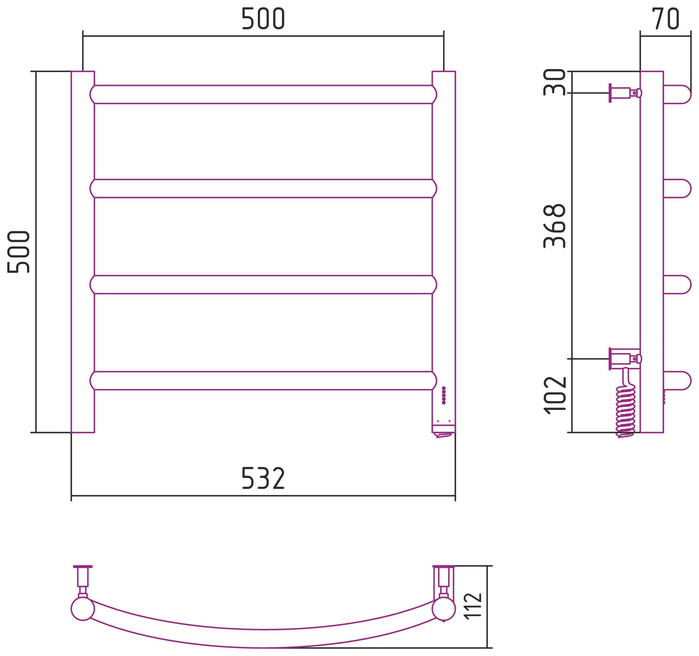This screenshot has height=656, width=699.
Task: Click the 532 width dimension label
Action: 263,478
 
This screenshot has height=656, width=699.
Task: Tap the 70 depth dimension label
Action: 666,19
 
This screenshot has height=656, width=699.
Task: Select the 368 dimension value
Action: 554,226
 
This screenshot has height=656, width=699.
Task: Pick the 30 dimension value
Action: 554,82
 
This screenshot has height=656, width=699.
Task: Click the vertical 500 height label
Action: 18,252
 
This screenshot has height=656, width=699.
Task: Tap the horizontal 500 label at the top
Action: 263,19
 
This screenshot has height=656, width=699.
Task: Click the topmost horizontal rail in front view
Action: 263,95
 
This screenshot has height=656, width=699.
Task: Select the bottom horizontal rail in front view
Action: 263,381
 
